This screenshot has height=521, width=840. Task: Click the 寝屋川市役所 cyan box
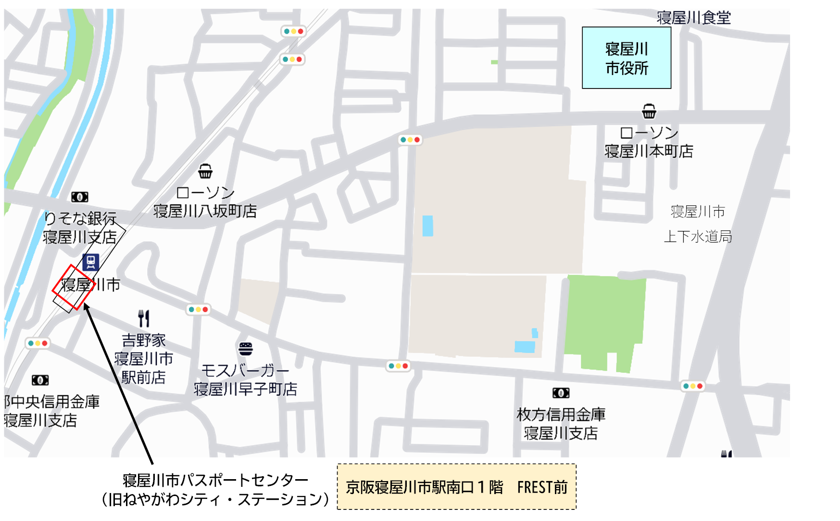coord(627,58)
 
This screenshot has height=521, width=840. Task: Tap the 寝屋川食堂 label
coord(693,18)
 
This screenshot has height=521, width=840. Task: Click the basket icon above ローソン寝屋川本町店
coord(649,112)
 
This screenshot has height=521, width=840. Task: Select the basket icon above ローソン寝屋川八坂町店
coord(205,171)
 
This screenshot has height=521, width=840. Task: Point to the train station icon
coord(90,262)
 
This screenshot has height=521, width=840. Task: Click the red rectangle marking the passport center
coord(73,287)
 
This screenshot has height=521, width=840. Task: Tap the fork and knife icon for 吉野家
coord(144,318)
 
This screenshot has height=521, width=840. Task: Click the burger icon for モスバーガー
coord(246,349)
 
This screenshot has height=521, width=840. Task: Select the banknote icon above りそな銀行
coord(80,197)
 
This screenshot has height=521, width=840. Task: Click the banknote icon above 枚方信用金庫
coord(561,393)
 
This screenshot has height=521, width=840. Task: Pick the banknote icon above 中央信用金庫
coord(40,380)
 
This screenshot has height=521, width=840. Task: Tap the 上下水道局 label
coord(698,236)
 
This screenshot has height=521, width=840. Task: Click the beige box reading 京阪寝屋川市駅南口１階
coord(456,487)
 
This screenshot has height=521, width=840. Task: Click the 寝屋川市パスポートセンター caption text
coord(215,480)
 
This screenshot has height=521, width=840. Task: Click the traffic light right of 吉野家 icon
coord(199,309)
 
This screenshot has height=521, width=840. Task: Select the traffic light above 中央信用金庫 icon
coord(38,343)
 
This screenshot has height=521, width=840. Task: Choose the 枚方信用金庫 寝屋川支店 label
coord(561,423)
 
